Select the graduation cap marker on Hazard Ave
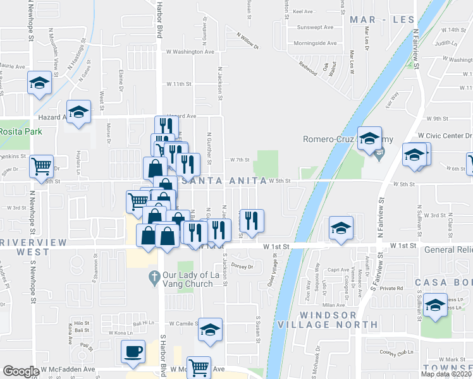(x=78, y=112)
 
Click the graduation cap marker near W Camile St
(x=210, y=330)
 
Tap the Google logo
(x=21, y=371)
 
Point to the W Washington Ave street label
(x=190, y=52)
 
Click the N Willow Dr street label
(x=248, y=40)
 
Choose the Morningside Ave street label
(x=315, y=44)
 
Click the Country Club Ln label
(x=396, y=353)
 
